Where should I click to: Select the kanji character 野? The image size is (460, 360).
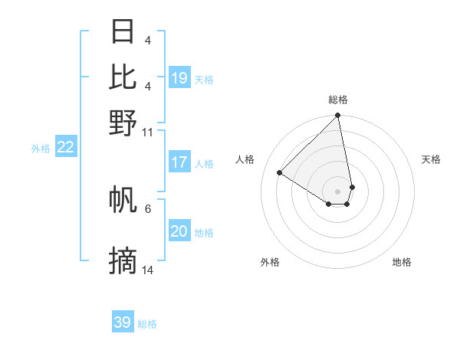click(123, 123)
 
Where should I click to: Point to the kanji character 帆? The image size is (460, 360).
click(123, 200)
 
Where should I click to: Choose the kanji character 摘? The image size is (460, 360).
click(123, 261)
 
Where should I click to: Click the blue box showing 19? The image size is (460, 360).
click(179, 78)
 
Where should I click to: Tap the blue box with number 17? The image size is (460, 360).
click(179, 162)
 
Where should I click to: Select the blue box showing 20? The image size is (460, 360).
click(179, 232)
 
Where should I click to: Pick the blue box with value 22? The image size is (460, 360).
click(65, 148)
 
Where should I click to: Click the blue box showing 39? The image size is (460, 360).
click(123, 322)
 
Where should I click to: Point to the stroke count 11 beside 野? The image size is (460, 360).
click(148, 133)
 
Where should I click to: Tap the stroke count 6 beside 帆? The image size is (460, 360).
click(148, 208)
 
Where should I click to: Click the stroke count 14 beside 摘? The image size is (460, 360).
click(148, 270)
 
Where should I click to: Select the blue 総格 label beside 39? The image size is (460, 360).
click(147, 325)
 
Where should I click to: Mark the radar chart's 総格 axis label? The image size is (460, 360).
click(338, 100)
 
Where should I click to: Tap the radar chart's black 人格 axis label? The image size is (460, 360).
click(245, 159)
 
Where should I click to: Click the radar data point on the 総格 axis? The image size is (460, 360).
click(338, 116)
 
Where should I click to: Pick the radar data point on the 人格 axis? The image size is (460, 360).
click(280, 172)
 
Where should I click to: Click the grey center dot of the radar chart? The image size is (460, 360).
click(337, 191)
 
